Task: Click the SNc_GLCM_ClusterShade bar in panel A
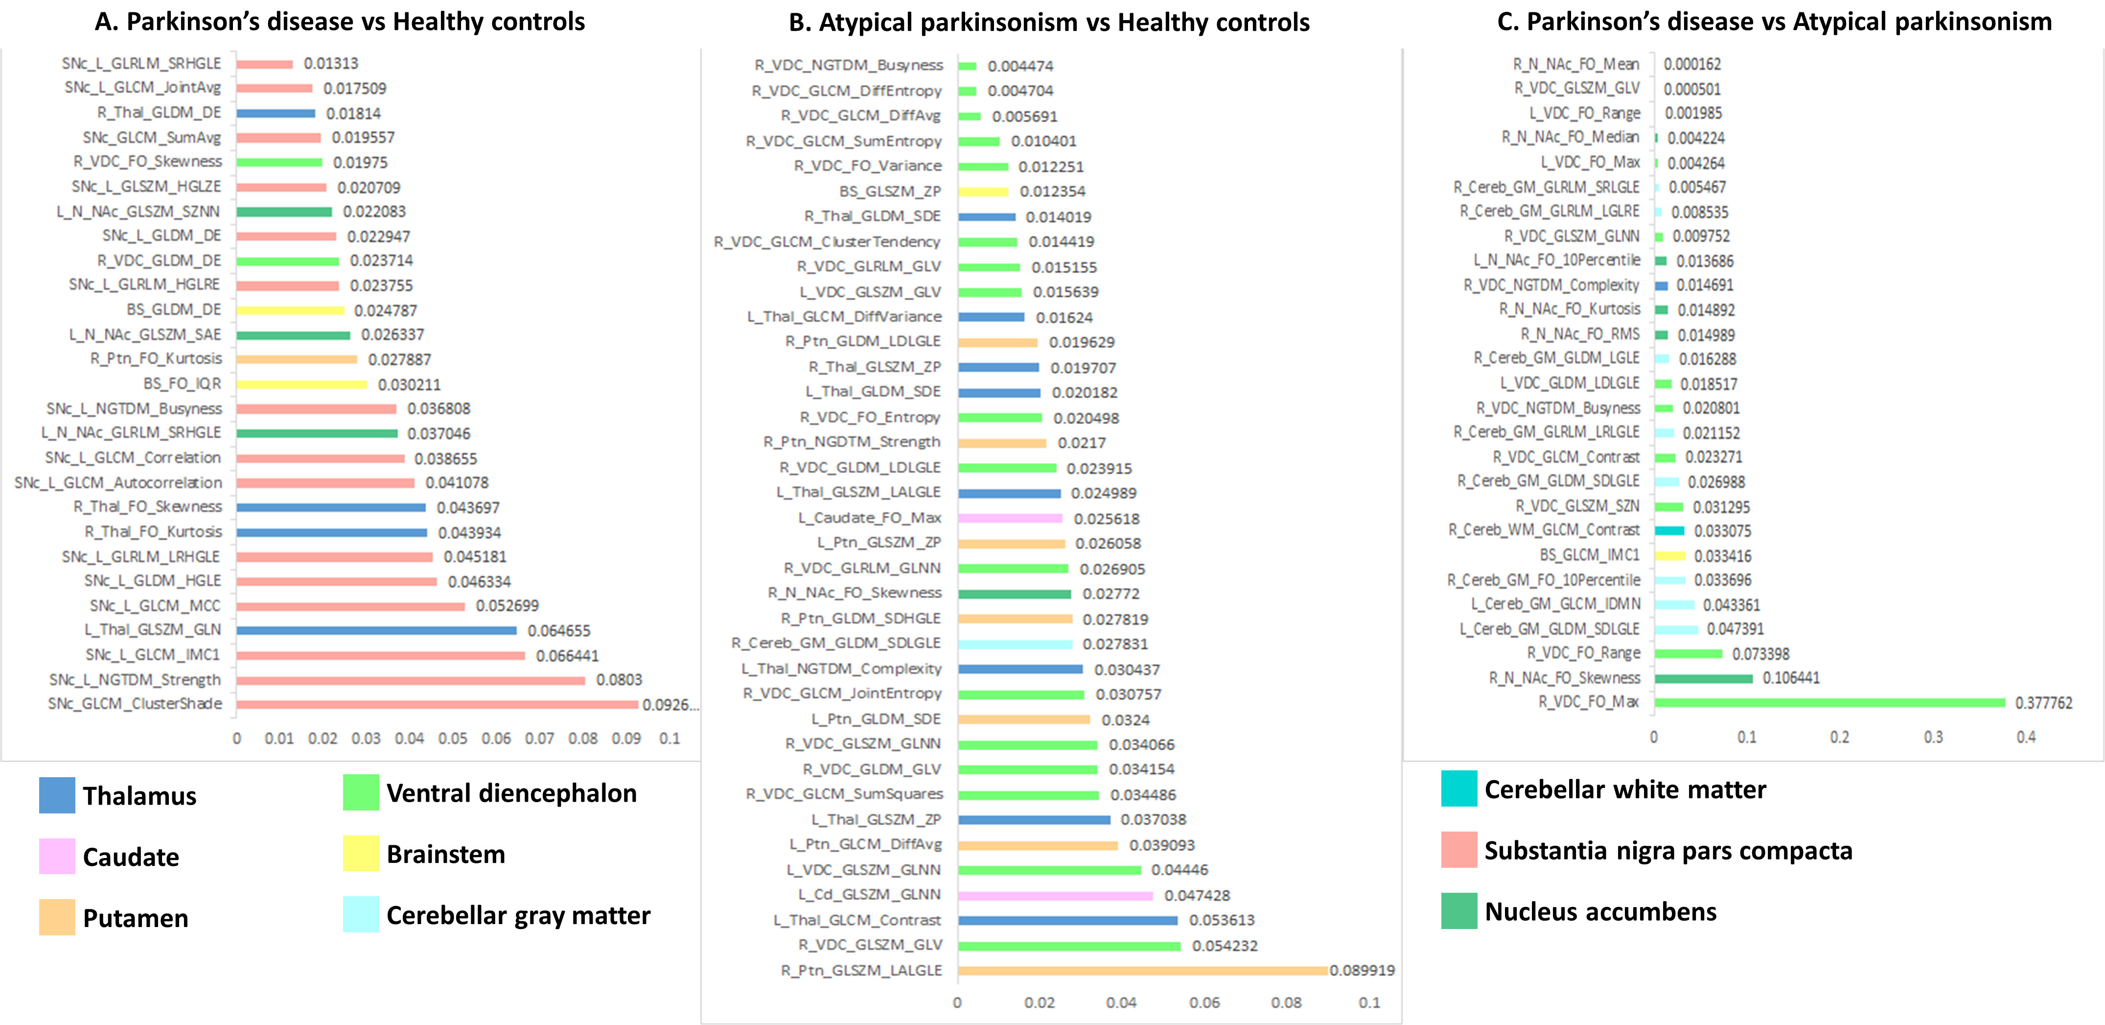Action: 437,704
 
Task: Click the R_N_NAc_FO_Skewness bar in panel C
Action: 1703,678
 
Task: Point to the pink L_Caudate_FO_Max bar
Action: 1010,518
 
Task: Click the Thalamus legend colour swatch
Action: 57,795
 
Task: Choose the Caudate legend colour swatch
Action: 57,857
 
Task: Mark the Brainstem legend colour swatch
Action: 360,853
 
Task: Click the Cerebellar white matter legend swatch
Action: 1458,789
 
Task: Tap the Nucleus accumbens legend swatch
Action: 1458,910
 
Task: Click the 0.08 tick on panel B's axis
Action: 1286,1003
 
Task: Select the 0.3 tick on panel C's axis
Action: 1933,737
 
